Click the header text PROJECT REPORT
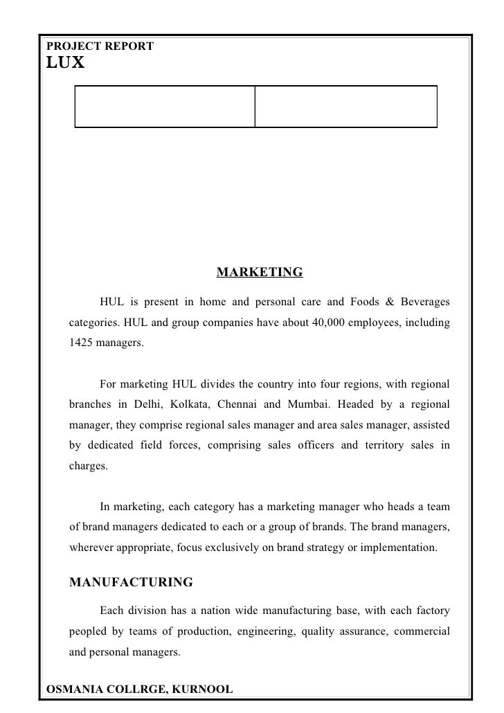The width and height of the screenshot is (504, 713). (x=100, y=46)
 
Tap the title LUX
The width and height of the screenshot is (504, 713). (x=65, y=63)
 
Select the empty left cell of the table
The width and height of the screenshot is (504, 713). (x=165, y=107)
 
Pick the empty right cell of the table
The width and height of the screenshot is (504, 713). (x=346, y=107)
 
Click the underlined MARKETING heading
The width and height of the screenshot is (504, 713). (x=260, y=272)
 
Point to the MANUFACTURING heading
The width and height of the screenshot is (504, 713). (x=131, y=582)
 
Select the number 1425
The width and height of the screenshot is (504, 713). (x=82, y=343)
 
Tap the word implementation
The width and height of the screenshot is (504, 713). (x=399, y=548)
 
